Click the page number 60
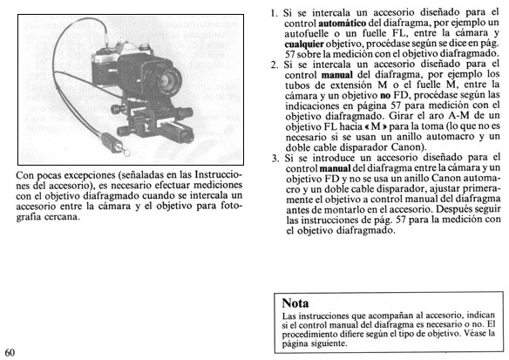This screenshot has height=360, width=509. tap(10, 353)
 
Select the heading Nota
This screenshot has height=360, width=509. tap(295, 303)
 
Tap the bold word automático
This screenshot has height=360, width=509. tap(343, 24)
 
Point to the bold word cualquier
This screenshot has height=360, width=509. tap(304, 44)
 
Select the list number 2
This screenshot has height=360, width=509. tap(275, 65)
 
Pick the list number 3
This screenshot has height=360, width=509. tap(275, 159)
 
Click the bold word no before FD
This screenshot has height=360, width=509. tap(384, 96)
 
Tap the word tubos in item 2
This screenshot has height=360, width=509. tap(297, 85)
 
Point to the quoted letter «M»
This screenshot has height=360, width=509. tap(376, 126)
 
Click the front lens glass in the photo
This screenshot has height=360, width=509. tap(168, 78)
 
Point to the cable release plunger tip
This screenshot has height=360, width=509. tap(126, 152)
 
